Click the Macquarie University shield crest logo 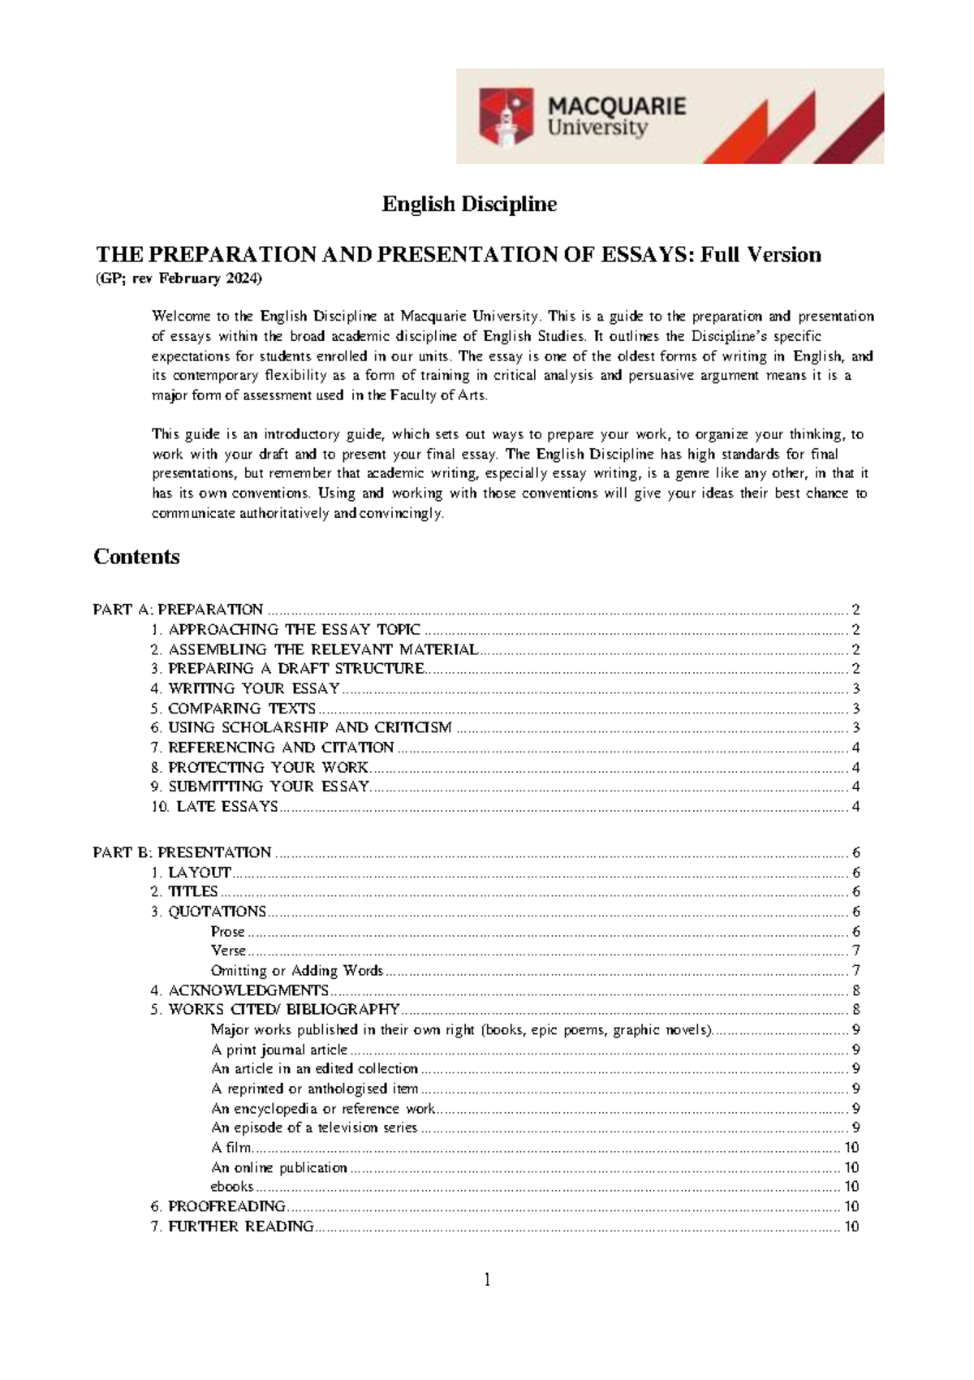[x=506, y=118]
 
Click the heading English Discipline [x=469, y=204]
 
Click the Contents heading [x=136, y=557]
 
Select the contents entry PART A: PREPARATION [x=179, y=610]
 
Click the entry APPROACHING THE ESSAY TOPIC [x=294, y=630]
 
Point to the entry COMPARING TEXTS [x=241, y=709]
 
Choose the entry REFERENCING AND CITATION [x=280, y=748]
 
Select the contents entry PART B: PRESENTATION [x=183, y=852]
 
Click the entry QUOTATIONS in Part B [x=217, y=912]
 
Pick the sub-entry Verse [x=228, y=951]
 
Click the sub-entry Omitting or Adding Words [x=296, y=971]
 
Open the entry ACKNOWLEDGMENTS [x=248, y=990]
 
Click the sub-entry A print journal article [x=278, y=1050]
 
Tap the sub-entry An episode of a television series [x=313, y=1128]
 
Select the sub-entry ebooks [x=232, y=1187]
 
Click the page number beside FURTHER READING [x=851, y=1227]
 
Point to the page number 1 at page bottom [x=487, y=1281]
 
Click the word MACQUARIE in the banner [x=617, y=106]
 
